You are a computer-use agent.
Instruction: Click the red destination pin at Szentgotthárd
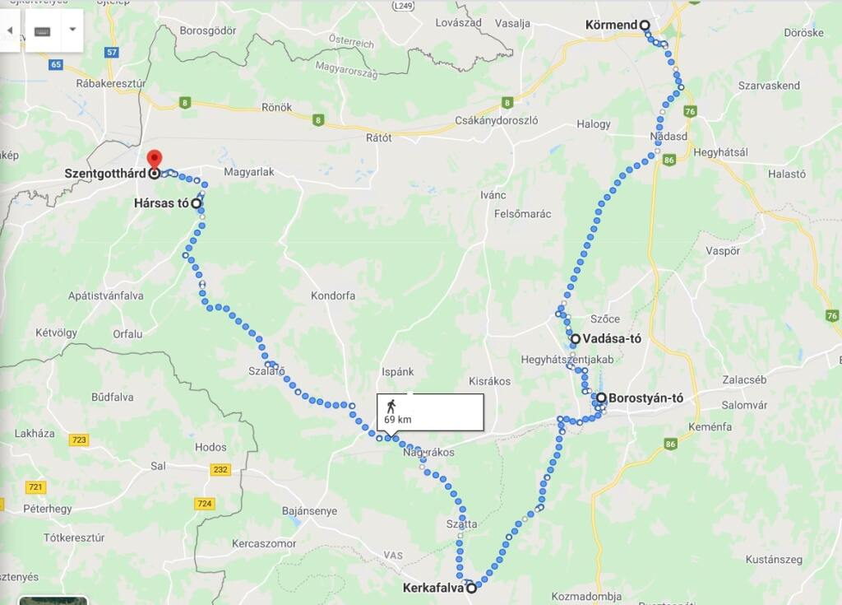point(154,160)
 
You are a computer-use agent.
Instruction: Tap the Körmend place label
point(612,25)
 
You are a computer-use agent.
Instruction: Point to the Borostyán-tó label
point(646,398)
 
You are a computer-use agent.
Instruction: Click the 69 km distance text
point(398,420)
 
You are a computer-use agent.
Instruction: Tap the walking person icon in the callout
point(391,404)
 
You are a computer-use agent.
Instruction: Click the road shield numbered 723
point(78,440)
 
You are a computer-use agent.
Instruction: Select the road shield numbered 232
point(220,470)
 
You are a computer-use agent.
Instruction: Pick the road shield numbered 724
point(205,503)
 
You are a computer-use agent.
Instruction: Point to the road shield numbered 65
point(56,64)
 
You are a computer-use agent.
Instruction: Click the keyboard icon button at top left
point(43,30)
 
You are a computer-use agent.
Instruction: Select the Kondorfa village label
point(333,296)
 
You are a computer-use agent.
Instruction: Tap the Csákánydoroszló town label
point(496,120)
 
